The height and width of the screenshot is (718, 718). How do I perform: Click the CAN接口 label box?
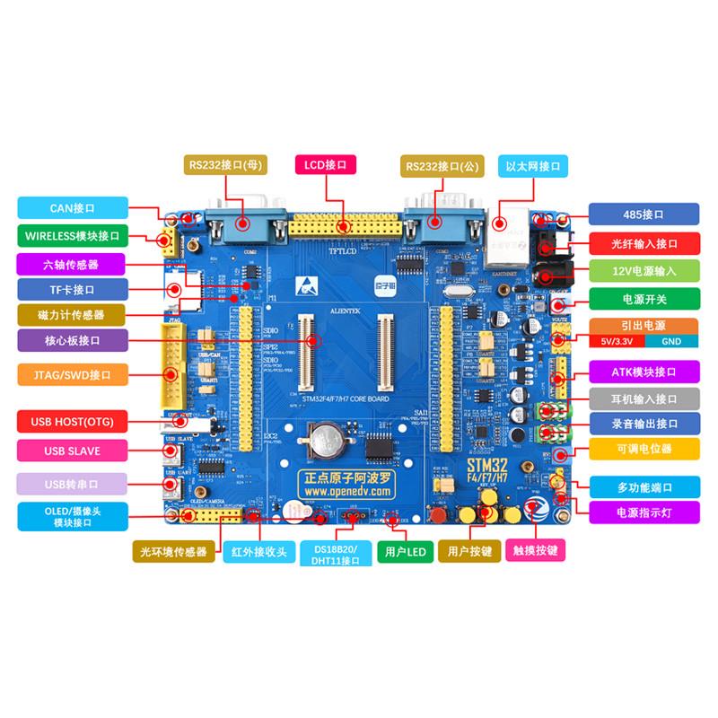click(72, 208)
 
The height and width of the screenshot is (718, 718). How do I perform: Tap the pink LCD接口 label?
click(326, 164)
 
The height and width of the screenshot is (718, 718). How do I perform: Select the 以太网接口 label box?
click(532, 166)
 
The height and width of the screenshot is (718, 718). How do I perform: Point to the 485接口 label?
click(643, 215)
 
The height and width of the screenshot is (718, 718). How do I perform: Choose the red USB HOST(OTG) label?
click(72, 422)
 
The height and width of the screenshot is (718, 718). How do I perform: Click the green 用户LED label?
click(404, 552)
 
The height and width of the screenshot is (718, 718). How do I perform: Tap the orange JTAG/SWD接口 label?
click(72, 373)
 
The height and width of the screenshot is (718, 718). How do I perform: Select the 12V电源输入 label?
click(643, 271)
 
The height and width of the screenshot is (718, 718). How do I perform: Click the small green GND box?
click(671, 342)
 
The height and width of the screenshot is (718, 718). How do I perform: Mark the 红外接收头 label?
click(258, 551)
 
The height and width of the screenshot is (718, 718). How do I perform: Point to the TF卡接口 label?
click(72, 290)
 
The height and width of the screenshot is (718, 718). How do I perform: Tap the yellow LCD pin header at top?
click(345, 225)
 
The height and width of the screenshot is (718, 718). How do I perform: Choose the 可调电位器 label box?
click(643, 449)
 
